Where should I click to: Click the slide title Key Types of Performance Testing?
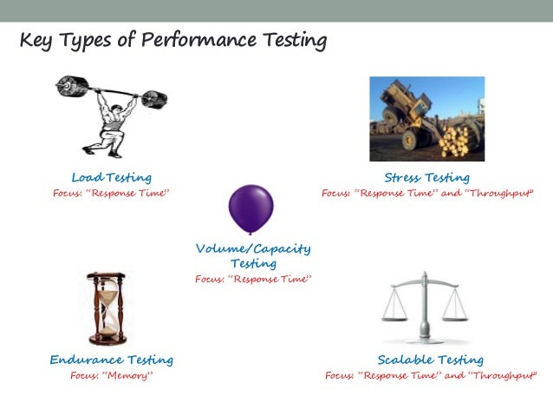[x=173, y=41]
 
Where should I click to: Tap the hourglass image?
[x=107, y=309]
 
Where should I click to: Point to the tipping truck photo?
[x=426, y=118]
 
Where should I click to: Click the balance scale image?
[x=425, y=308]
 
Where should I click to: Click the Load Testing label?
[x=111, y=177]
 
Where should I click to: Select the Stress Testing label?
[x=426, y=177]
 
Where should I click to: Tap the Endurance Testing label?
[x=111, y=360]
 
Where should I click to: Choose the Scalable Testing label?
[x=430, y=360]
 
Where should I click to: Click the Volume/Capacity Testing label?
[x=252, y=255]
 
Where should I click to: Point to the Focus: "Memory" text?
[x=111, y=376]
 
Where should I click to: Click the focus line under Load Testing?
[x=111, y=193]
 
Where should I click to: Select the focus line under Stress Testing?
[x=427, y=193]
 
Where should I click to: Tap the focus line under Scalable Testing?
[x=431, y=376]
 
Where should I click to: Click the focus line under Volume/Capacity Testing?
[x=252, y=280]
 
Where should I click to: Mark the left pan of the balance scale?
[x=397, y=315]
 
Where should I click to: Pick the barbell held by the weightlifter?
[x=111, y=87]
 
